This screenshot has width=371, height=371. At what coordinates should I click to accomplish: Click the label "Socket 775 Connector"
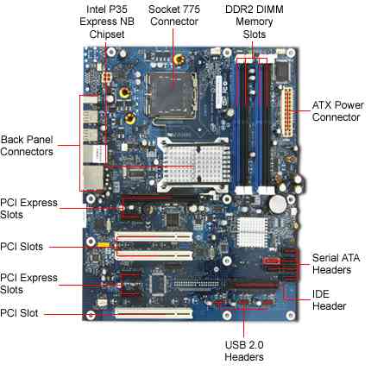[x=174, y=16]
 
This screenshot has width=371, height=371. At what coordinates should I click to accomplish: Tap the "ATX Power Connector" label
[x=337, y=111]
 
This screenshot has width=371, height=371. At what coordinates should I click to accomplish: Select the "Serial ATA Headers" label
[x=336, y=263]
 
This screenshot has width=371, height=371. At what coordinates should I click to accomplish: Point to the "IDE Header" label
[x=329, y=300]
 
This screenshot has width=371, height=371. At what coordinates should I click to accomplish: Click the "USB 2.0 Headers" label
[x=244, y=350]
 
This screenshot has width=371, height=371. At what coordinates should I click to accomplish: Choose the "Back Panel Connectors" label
[x=27, y=146]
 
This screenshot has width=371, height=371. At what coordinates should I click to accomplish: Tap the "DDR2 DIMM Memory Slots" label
[x=255, y=22]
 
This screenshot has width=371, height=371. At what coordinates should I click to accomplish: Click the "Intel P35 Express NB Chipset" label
[x=107, y=22]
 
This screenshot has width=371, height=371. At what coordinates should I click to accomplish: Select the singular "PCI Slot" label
[x=19, y=313]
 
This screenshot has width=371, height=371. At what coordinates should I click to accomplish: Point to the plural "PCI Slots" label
[x=22, y=247]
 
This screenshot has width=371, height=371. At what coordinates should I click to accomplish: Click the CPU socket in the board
[x=173, y=96]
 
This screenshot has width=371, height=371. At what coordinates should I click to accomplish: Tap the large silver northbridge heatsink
[x=193, y=166]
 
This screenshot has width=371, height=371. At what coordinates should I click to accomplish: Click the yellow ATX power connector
[x=288, y=113]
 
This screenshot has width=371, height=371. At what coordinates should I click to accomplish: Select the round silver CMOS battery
[x=278, y=204]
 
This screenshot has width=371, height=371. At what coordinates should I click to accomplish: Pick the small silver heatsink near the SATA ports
[x=252, y=232]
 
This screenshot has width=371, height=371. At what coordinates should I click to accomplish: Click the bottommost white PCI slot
[x=154, y=313]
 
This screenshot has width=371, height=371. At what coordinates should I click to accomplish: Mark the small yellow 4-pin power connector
[x=107, y=78]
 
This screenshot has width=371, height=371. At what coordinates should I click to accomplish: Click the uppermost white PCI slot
[x=154, y=236]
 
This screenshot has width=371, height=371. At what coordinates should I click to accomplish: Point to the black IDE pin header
[x=198, y=284]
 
